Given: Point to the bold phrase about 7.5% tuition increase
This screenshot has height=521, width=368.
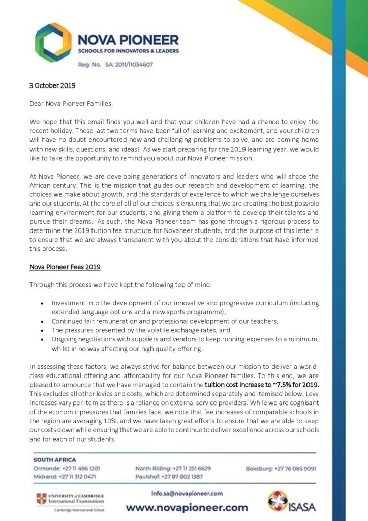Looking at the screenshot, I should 261,385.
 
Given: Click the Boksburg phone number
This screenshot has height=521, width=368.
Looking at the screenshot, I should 302,468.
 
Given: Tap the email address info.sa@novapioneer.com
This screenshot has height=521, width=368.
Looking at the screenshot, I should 187,493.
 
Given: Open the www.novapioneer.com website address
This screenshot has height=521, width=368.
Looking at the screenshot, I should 187,507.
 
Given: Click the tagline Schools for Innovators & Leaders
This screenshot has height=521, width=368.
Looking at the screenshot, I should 128,51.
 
